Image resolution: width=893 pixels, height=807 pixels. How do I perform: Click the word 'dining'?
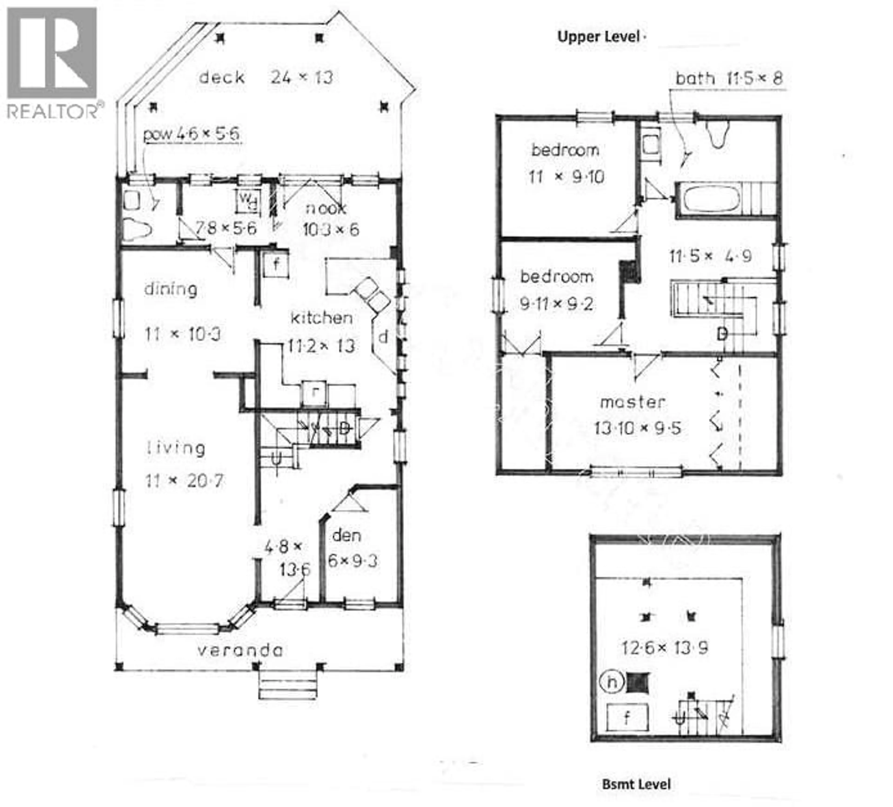point(170,289)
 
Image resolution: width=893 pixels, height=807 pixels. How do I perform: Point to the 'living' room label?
point(176,448)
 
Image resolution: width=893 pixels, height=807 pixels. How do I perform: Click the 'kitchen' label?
point(322,318)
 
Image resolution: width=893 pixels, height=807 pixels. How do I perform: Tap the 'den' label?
point(347,536)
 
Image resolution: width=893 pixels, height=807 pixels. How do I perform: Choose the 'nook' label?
point(326,208)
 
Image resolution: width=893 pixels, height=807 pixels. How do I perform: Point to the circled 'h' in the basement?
point(612,682)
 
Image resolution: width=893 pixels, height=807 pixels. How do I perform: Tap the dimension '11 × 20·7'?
point(185,480)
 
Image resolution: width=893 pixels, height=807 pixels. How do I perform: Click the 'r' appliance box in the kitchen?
point(314,392)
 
